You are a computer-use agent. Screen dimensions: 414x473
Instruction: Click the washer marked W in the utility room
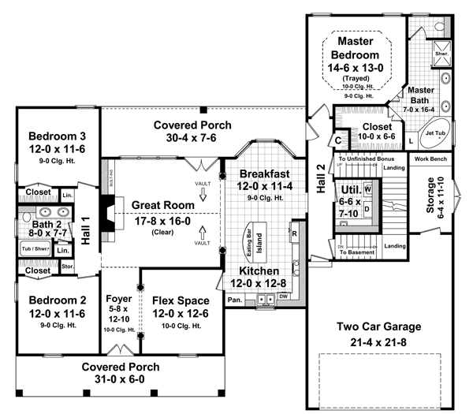point(367,190)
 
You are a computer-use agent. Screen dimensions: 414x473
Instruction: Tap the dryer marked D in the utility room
point(367,208)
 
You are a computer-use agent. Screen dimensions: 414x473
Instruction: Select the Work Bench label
point(430,159)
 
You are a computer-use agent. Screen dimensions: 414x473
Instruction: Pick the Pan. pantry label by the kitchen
point(234,300)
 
